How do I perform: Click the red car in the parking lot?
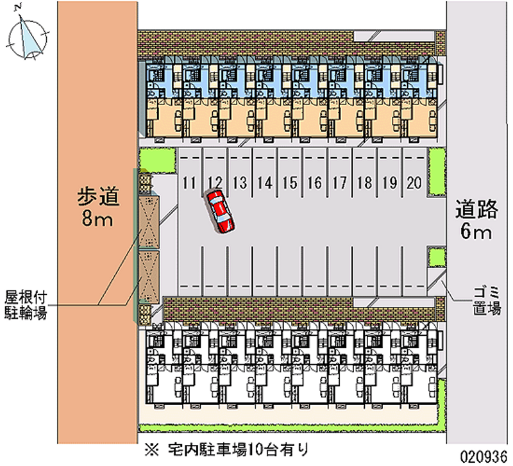click(220, 210)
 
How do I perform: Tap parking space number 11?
click(189, 183)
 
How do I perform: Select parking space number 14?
click(264, 183)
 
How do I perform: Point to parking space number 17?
click(339, 183)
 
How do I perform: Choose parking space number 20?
click(414, 183)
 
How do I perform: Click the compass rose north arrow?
click(28, 37)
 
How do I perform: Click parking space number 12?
click(215, 183)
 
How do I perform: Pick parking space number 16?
click(314, 183)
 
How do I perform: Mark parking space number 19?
click(389, 183)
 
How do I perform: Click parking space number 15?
click(289, 183)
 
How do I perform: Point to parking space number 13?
click(239, 183)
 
